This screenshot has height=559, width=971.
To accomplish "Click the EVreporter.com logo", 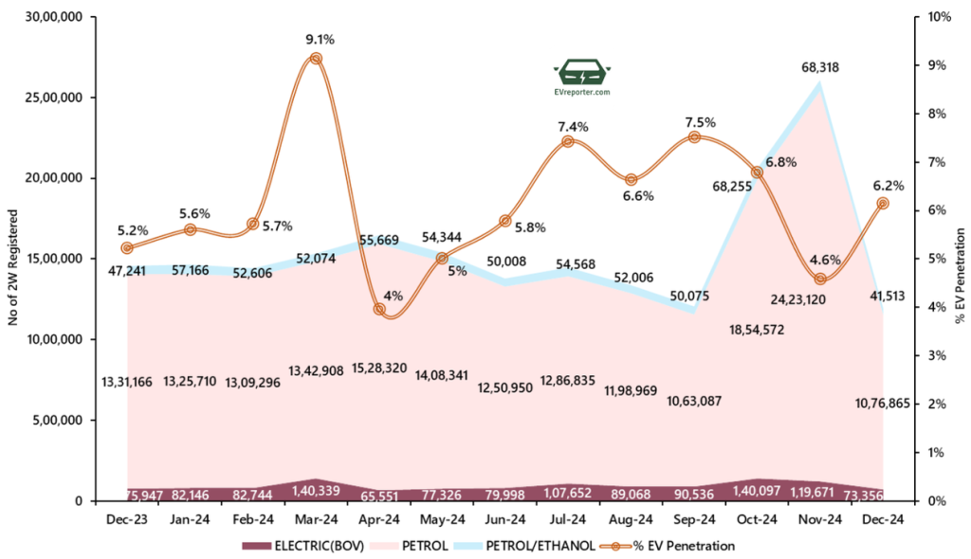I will click(x=582, y=78).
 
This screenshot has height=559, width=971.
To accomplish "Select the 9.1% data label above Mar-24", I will click(x=320, y=40).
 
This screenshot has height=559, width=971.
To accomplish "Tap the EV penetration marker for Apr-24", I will click(x=379, y=309).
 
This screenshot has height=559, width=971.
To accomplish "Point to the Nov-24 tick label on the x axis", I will click(x=819, y=519).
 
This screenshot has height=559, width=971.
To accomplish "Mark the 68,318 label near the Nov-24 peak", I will click(x=819, y=68).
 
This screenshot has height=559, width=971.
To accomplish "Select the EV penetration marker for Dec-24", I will click(x=883, y=203).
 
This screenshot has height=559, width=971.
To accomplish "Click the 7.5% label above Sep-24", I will click(x=694, y=122).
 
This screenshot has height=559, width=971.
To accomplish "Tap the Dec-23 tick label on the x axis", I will click(x=127, y=519).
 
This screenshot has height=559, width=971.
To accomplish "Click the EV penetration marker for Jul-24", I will click(x=568, y=141).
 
